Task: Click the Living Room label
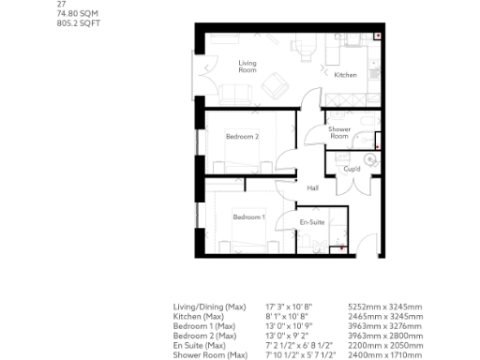click(x=247, y=65)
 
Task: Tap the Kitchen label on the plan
click(x=346, y=75)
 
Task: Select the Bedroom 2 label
click(x=242, y=137)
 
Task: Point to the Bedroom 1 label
click(x=249, y=217)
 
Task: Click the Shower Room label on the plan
click(x=339, y=134)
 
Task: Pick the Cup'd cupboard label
click(x=352, y=170)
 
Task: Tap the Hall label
click(x=312, y=187)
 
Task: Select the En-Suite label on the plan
click(x=312, y=222)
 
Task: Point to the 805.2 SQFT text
click(x=77, y=23)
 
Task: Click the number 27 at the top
click(x=62, y=5)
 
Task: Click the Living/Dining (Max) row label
click(x=209, y=307)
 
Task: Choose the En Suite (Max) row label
click(x=202, y=345)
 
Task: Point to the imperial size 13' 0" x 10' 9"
click(x=293, y=325)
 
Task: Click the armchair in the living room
click(x=275, y=86)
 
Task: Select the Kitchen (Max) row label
click(x=199, y=316)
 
